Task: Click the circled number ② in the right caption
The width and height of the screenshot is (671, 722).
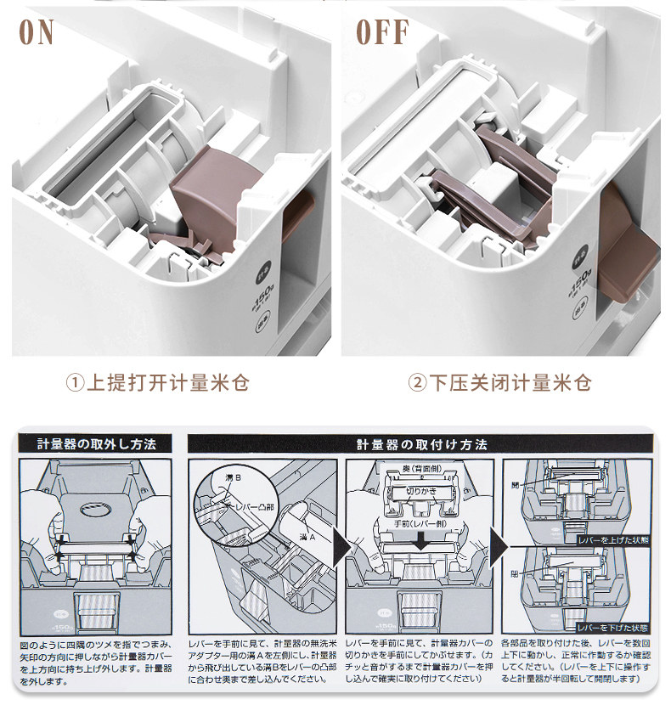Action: click(x=417, y=382)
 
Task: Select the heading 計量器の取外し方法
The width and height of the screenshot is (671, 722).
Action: click(x=96, y=444)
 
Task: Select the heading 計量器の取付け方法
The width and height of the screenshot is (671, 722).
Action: click(x=421, y=444)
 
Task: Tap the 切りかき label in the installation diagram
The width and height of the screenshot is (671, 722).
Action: click(x=421, y=491)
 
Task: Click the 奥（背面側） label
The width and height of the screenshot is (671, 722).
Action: click(x=421, y=469)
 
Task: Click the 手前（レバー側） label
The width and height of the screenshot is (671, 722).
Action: click(x=422, y=525)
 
